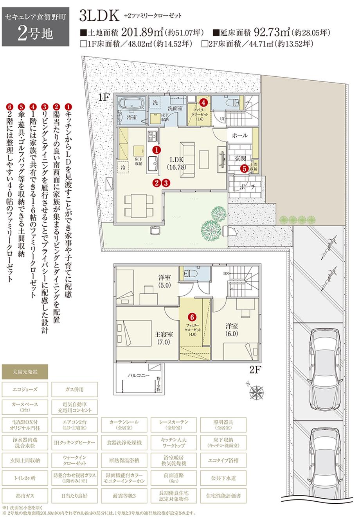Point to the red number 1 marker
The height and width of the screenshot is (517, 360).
point(156,150)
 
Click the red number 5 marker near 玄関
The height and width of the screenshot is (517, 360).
point(244,169)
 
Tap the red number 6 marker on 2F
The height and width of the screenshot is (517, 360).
point(192,316)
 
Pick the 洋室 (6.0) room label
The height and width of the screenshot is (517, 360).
point(232,329)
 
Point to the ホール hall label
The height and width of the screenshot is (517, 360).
point(239,136)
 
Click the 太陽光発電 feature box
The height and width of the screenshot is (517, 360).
point(25,370)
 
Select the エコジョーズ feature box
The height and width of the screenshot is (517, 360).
point(25,389)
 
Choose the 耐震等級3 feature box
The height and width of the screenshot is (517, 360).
point(124,495)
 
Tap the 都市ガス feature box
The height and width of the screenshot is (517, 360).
point(25,495)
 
